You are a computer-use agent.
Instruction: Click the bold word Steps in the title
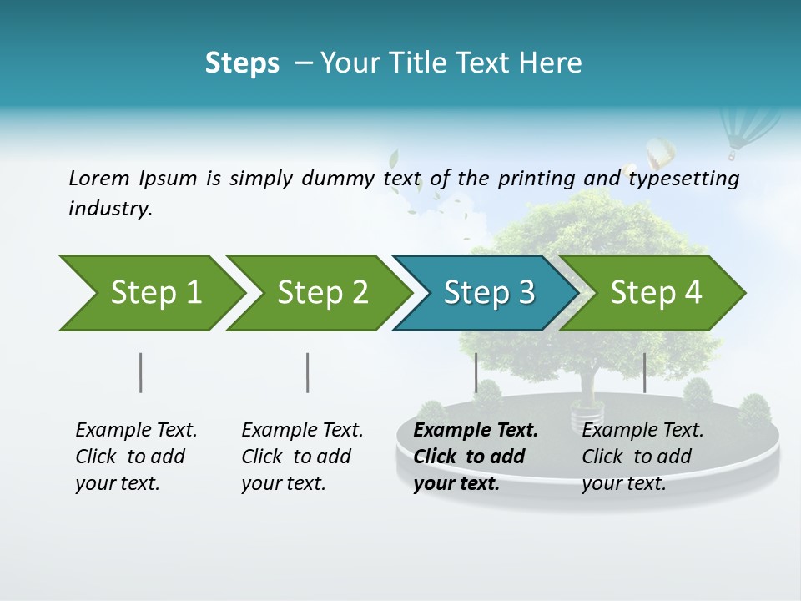[242, 63]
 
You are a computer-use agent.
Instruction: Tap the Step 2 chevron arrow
[317, 293]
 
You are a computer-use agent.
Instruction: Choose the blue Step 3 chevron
[484, 293]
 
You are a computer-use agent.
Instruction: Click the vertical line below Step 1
[141, 372]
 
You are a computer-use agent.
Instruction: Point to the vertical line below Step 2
[308, 372]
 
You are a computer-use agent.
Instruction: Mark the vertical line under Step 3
[476, 372]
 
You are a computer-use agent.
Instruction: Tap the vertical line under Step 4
[644, 372]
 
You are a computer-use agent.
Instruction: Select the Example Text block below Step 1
[136, 457]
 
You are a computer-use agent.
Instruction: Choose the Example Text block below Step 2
[302, 457]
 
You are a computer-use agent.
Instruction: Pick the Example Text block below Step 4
[642, 457]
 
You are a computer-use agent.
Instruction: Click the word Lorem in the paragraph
[98, 179]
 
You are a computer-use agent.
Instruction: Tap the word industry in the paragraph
[109, 209]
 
